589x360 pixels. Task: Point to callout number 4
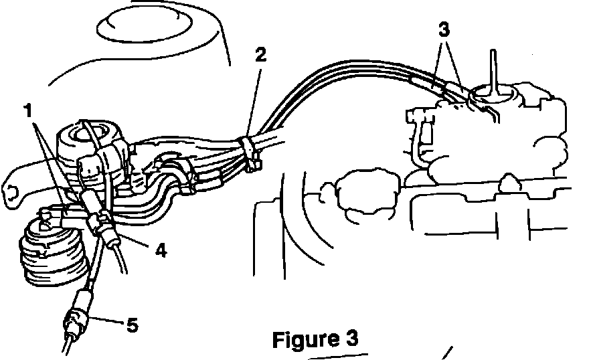click(161, 251)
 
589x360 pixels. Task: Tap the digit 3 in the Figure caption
click(351, 338)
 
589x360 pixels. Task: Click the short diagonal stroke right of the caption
click(448, 353)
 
